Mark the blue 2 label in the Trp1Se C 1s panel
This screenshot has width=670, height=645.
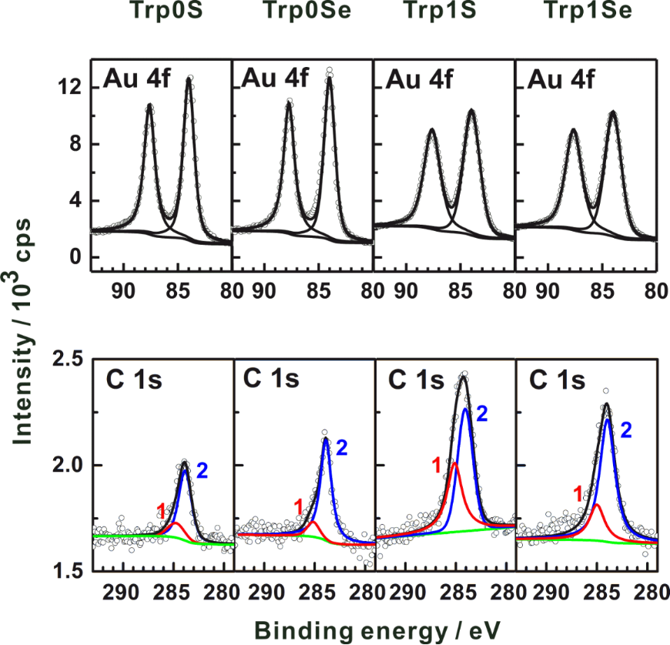point(625,429)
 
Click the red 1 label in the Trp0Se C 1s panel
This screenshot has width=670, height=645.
point(299,506)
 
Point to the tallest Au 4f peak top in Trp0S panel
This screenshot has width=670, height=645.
point(189,78)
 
